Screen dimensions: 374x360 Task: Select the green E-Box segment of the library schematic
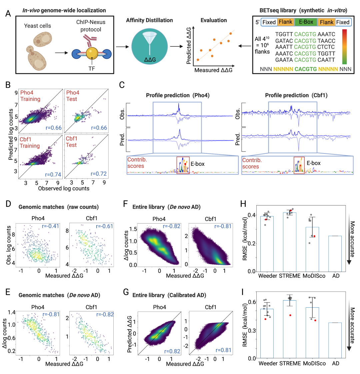tap(306, 22)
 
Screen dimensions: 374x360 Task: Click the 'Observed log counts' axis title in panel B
tap(64, 188)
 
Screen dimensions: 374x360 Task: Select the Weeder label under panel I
tap(268, 363)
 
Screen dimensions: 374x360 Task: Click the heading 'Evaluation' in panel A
tap(214, 20)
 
